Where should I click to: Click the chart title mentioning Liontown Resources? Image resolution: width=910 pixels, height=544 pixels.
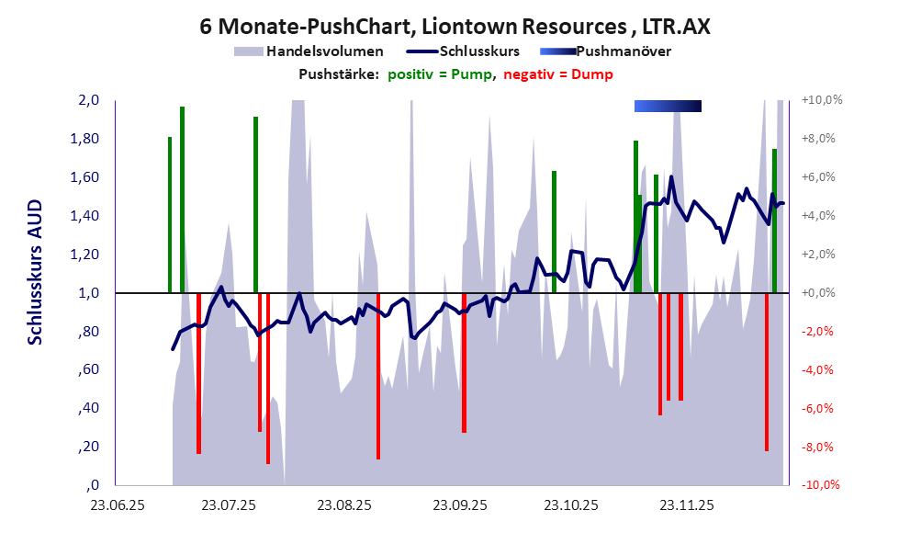(455, 28)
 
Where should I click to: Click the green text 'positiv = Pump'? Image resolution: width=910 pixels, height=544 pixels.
(436, 74)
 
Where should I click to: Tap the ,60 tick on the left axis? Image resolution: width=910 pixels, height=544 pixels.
(88, 370)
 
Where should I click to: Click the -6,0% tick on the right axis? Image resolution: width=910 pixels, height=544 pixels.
(820, 409)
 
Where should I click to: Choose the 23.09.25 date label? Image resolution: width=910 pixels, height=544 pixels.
(460, 504)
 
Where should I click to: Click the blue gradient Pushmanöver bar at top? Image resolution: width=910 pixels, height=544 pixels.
(668, 107)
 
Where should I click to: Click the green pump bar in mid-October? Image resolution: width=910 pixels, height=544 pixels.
(554, 230)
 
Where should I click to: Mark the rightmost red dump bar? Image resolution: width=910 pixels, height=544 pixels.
(767, 372)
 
